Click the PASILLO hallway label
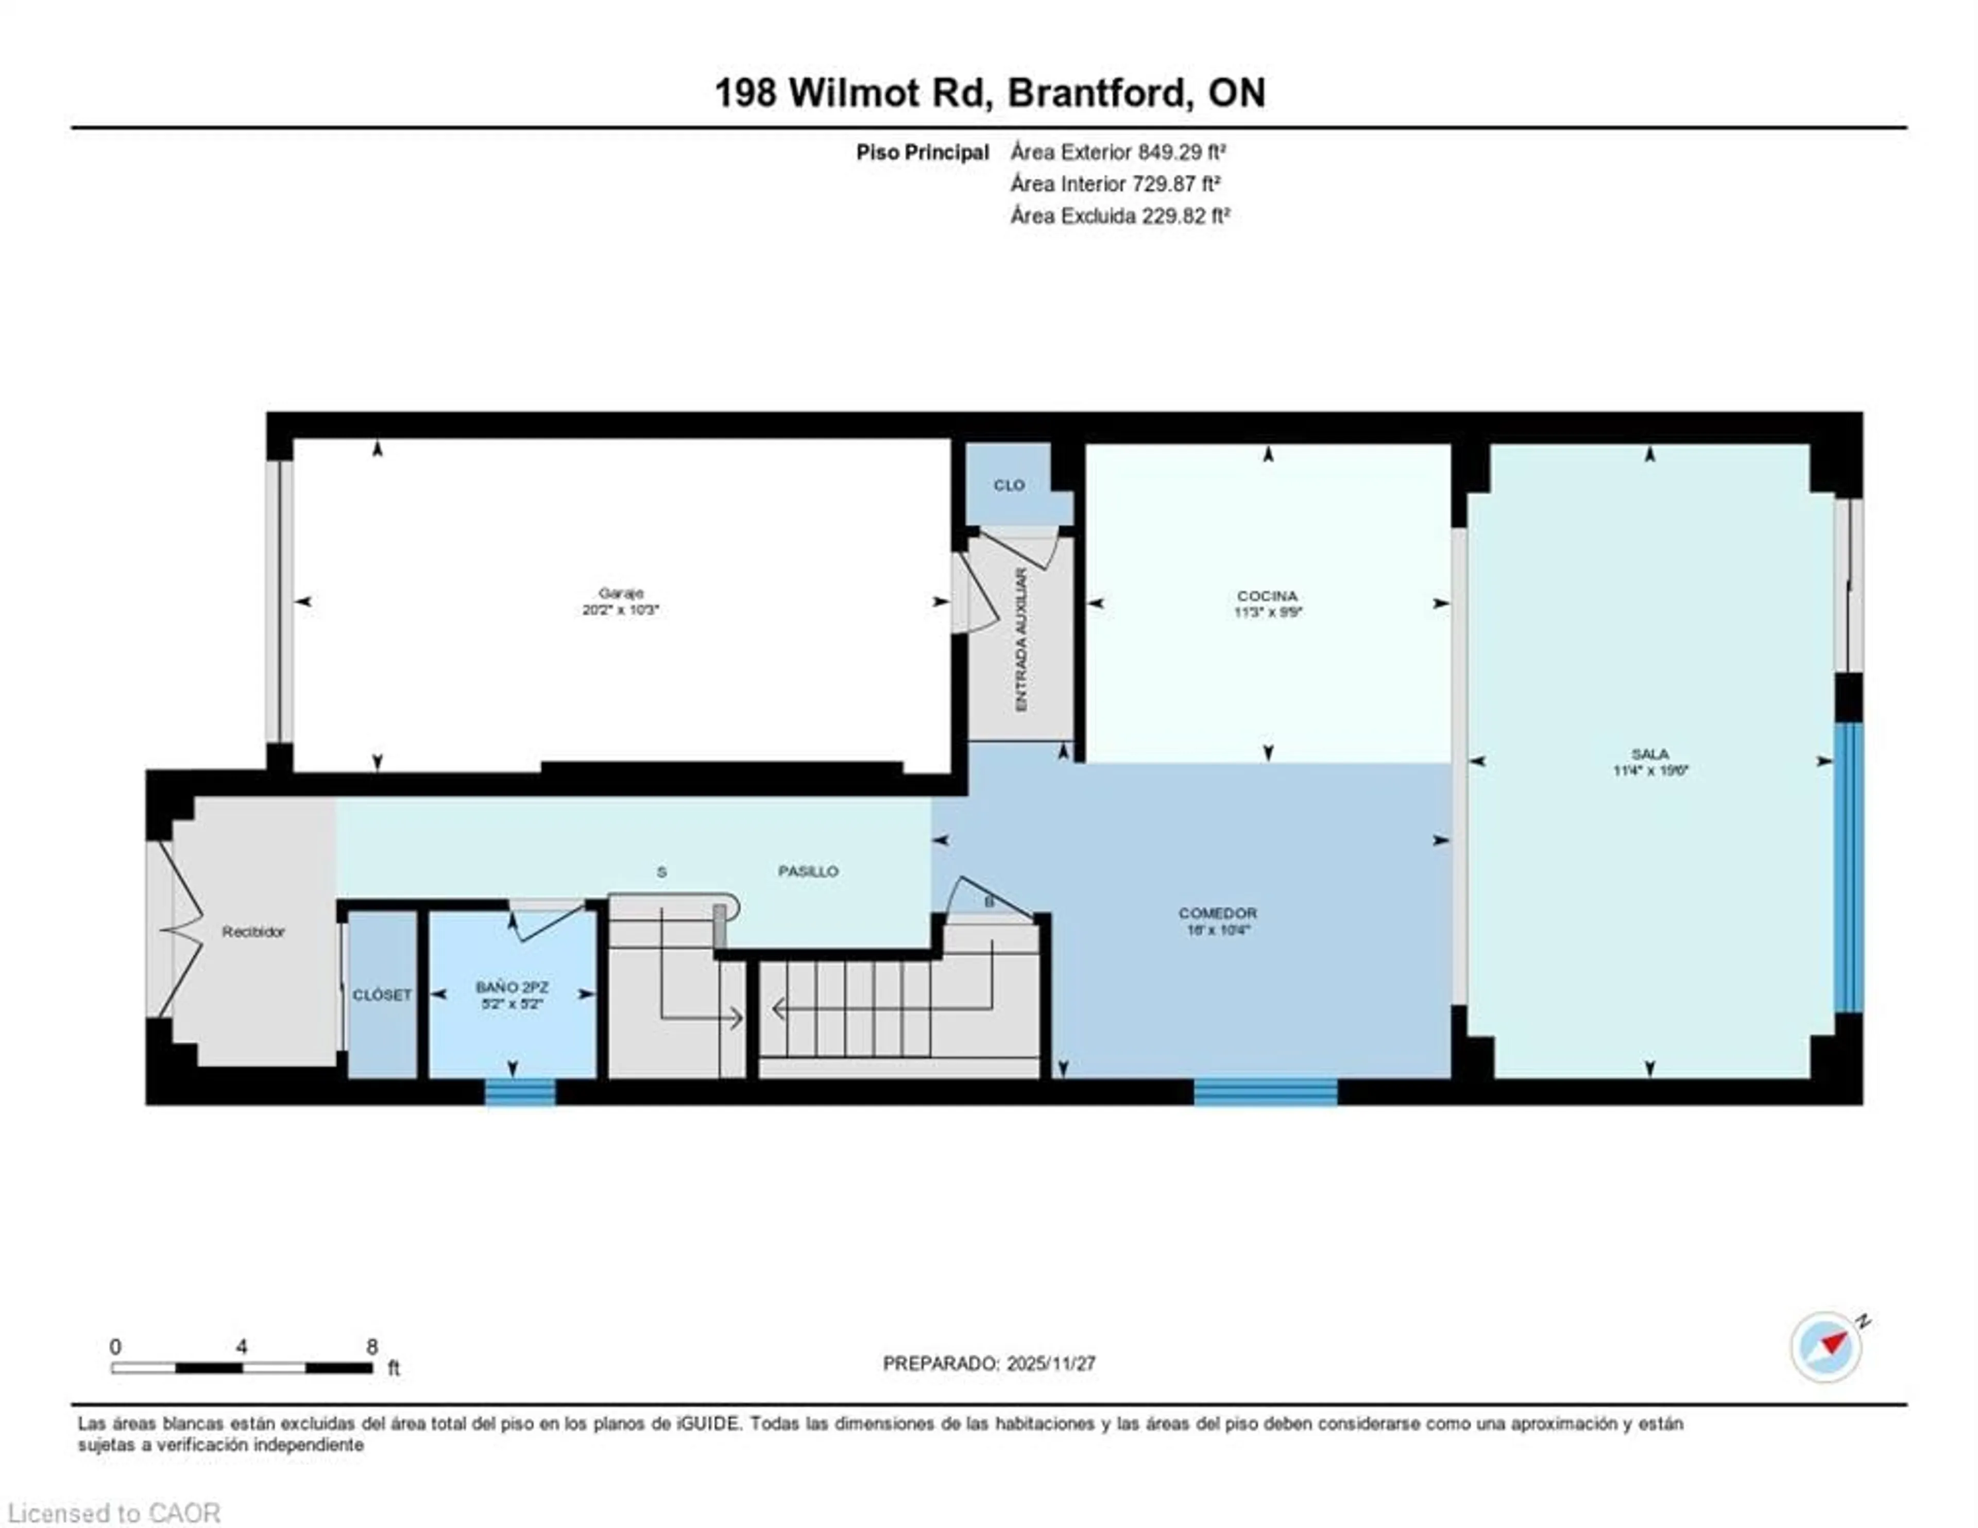[808, 871]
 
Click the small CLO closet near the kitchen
[1009, 486]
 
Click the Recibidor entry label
[253, 931]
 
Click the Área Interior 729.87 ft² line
[1115, 184]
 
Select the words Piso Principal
[922, 152]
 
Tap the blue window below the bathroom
[520, 1092]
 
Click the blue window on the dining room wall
[1265, 1092]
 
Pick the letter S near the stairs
[661, 872]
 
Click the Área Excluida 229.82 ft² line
[1119, 216]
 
